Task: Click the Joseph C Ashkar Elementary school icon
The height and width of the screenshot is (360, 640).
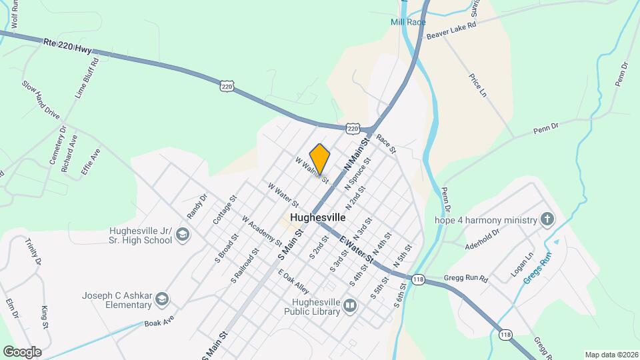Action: (161, 300)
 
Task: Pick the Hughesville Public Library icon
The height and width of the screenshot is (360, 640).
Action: (350, 306)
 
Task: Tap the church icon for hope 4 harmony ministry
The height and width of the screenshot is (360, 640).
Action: (547, 219)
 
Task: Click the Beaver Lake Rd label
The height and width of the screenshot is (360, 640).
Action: (452, 30)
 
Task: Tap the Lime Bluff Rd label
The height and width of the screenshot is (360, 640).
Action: (87, 78)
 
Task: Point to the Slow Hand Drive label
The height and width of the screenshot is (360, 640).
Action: (41, 100)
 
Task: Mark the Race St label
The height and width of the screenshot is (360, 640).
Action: (386, 143)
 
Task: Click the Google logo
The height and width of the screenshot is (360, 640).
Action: (22, 351)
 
